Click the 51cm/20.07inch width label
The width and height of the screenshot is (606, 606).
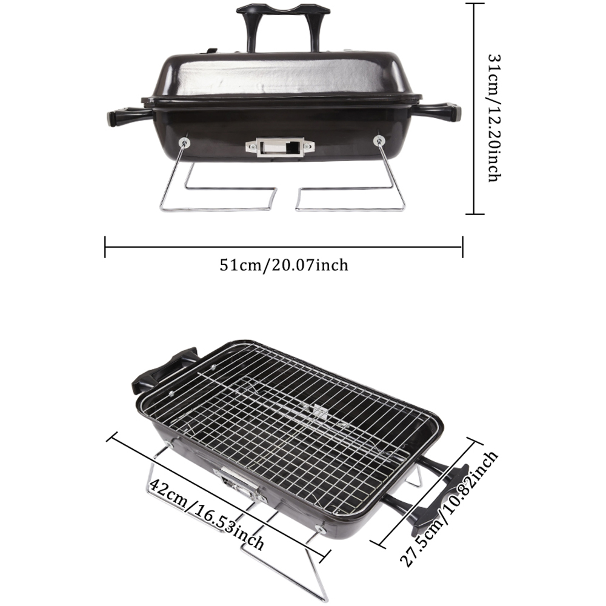[284, 265]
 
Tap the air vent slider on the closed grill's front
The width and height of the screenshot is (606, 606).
[280, 147]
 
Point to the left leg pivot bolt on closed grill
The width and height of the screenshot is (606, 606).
[183, 143]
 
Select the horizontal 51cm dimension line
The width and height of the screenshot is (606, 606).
[284, 247]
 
